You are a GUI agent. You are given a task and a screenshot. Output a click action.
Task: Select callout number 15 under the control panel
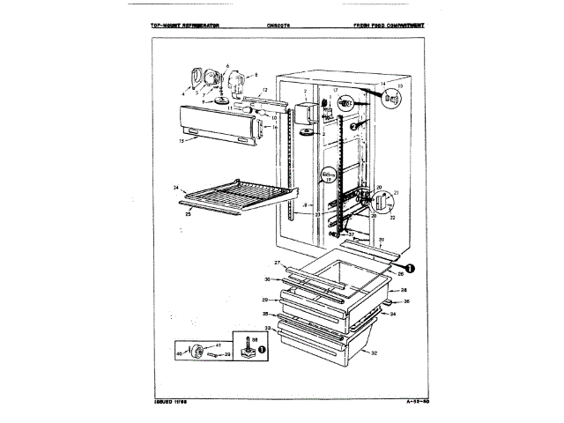[x=181, y=141]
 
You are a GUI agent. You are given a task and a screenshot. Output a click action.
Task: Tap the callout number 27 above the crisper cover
[x=276, y=263]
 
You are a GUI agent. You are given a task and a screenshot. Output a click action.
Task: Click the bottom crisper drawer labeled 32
[x=322, y=349]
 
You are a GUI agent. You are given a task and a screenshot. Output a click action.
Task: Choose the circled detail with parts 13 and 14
[x=391, y=99]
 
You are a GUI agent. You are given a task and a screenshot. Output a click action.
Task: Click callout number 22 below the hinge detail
[x=390, y=218]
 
